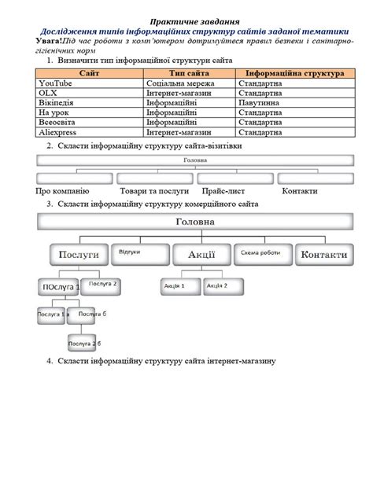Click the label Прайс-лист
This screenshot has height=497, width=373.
[223, 191]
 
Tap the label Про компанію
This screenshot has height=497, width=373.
[62, 191]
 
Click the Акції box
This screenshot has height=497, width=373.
[201, 255]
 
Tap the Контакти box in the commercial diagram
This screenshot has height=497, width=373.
[323, 255]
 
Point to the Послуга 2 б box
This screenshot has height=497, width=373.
[83, 344]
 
